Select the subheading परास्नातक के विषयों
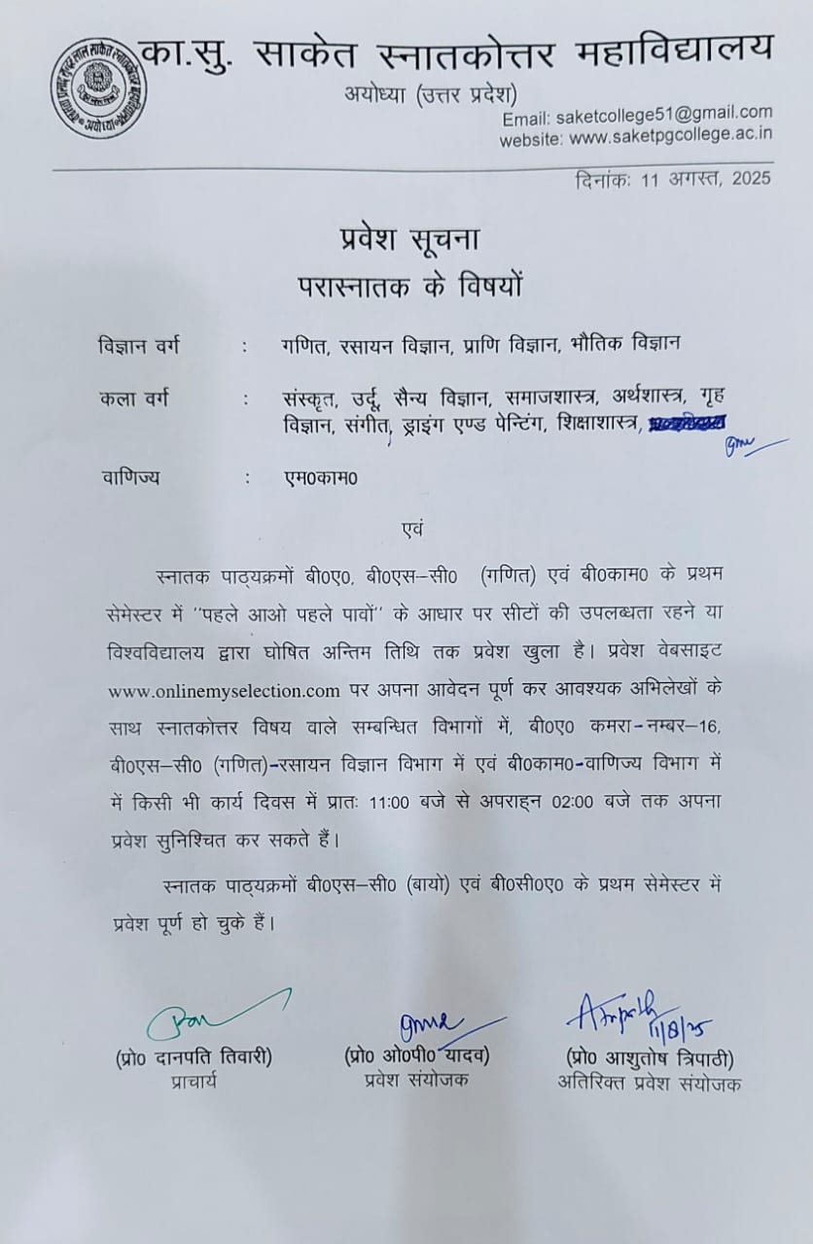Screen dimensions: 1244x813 coord(408,285)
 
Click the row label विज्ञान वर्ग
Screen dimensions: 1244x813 coord(139,345)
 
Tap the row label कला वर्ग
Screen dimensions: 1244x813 coord(132,398)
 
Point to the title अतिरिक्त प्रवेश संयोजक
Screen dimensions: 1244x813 coord(649,1082)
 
